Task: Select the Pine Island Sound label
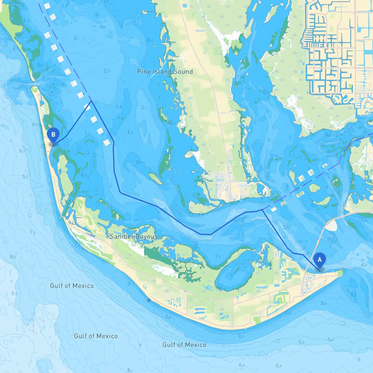tap(165, 72)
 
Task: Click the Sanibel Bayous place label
tap(134, 237)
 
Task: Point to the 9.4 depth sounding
tap(14, 293)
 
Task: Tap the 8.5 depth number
tap(13, 257)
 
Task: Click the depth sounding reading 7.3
tap(32, 232)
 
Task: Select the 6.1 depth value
tap(22, 151)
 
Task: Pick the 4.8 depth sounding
tap(35, 124)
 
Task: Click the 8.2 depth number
tap(130, 370)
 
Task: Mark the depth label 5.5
tap(301, 342)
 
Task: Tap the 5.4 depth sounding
tap(330, 339)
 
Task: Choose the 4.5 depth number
tap(364, 265)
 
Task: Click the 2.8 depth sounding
tap(168, 317)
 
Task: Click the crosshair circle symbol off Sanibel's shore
tap(149, 300)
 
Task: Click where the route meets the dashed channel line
tap(91, 101)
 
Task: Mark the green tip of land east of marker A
tap(340, 272)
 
